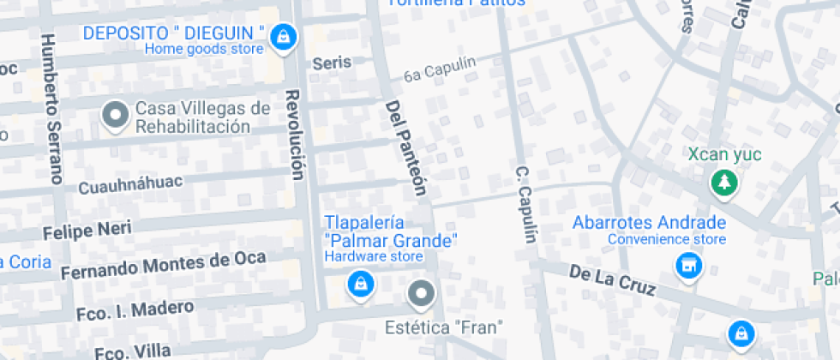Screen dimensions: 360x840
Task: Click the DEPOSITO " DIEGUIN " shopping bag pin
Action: tap(281, 37)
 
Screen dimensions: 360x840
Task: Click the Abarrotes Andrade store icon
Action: tap(687, 266)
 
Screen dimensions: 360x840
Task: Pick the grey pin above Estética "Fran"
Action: tap(420, 294)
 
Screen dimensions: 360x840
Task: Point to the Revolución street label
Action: tap(295, 135)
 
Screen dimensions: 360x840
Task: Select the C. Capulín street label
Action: tap(525, 203)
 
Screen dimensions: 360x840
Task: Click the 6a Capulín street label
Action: tap(439, 69)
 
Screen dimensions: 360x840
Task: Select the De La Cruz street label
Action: tap(612, 280)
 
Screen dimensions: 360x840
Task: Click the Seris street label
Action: tap(332, 63)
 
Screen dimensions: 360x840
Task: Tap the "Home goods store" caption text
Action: tap(204, 49)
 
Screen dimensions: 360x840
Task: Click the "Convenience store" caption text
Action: tap(663, 239)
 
